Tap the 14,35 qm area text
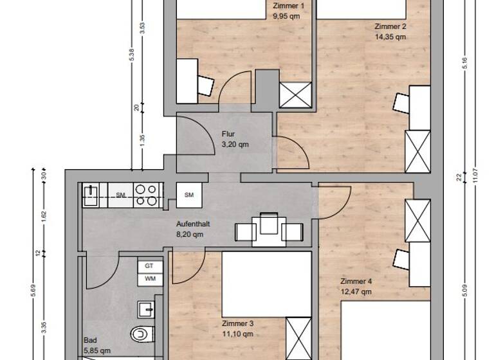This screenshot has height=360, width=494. coord(390,37)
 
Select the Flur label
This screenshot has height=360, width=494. coord(228,134)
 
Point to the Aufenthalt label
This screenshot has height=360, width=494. coord(193,224)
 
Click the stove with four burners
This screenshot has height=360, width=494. coord(147,195)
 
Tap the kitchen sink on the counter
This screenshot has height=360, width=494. coord(91,195)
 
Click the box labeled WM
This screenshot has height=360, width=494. coord(149,278)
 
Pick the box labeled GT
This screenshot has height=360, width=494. coord(149,265)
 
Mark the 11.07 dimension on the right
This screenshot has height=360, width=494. coord(475,174)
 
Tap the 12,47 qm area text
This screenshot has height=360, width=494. coord(356,291)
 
